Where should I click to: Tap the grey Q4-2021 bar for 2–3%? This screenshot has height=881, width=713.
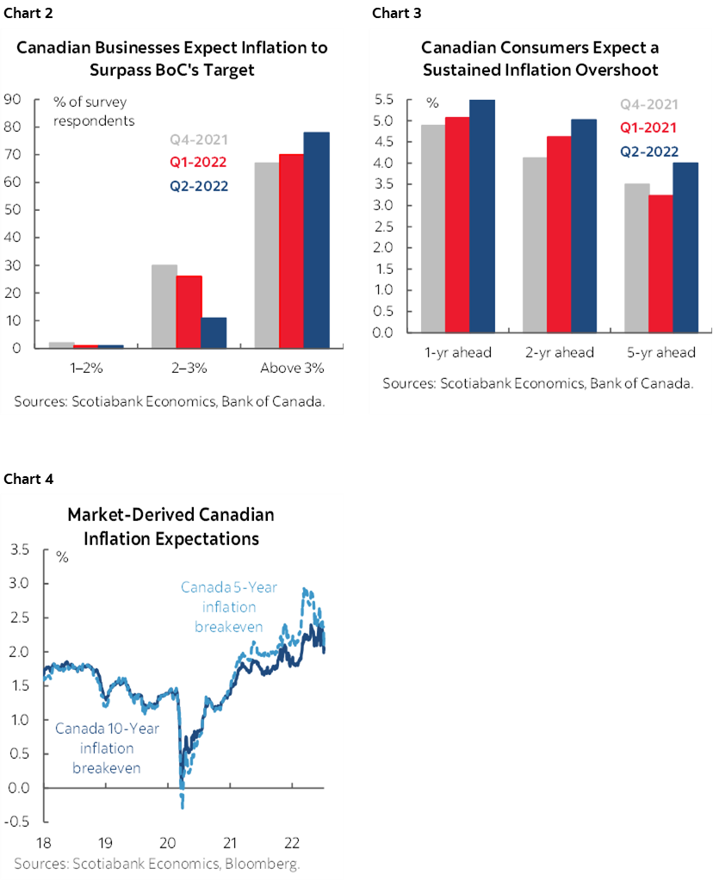click(164, 307)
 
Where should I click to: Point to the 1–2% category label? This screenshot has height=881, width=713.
click(88, 369)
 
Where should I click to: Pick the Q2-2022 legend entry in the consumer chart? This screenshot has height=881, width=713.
click(648, 152)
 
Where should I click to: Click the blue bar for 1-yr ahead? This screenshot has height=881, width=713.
click(482, 216)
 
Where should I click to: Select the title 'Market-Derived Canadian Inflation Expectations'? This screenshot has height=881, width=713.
click(170, 527)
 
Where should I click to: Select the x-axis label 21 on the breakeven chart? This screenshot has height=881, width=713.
click(230, 841)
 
